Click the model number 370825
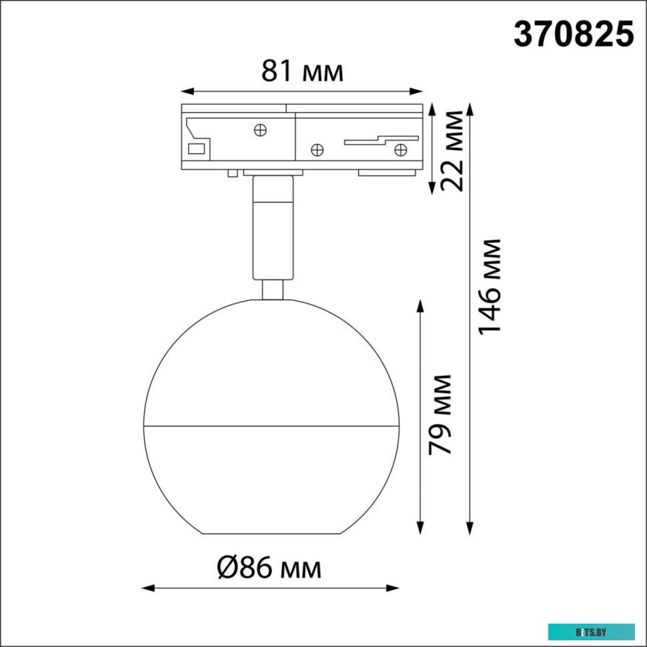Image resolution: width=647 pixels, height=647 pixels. point(573,34)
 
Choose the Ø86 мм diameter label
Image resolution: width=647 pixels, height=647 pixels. point(269,568)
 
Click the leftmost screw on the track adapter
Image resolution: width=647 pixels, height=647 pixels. point(261,129)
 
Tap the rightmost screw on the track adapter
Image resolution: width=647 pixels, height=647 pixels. point(401,149)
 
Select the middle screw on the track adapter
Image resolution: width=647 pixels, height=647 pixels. point(318,149)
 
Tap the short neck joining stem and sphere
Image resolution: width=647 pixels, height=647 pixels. point(272,289)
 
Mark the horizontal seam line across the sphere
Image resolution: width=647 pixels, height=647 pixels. point(271,425)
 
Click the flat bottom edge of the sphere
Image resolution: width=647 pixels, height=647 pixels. point(271,533)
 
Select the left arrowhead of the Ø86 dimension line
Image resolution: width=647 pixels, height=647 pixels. point(149,588)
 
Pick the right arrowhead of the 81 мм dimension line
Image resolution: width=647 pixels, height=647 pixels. point(418,91)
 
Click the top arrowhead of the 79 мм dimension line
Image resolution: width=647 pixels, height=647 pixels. point(421,305)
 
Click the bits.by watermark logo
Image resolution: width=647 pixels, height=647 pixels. point(591,632)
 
